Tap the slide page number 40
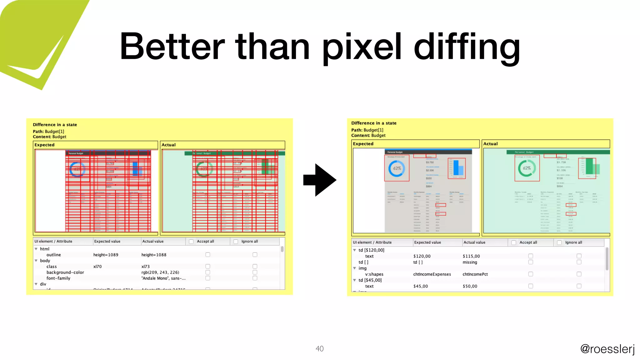[319, 348]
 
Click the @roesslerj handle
[607, 348]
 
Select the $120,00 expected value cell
[422, 256]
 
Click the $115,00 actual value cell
[471, 256]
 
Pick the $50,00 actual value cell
[470, 286]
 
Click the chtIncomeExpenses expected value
[432, 274]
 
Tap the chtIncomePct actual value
[475, 274]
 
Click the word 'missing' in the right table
[470, 262]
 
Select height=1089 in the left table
[106, 255]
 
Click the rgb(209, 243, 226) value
[160, 272]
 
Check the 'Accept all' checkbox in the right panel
[513, 242]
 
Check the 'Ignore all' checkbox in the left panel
[236, 242]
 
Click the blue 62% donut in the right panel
[397, 168]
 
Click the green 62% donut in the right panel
[527, 168]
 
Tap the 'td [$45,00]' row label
[370, 280]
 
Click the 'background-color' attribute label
[65, 272]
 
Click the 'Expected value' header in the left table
[107, 241]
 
